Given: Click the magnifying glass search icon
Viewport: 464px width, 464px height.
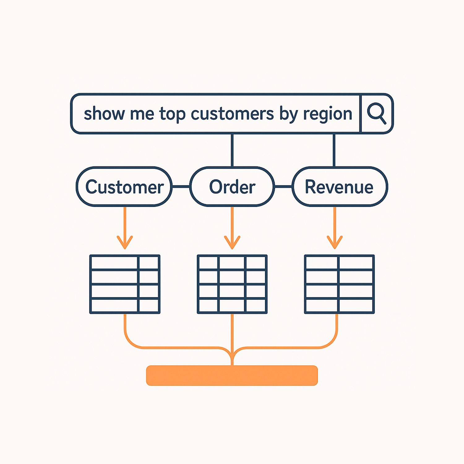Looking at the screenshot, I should point(376,113).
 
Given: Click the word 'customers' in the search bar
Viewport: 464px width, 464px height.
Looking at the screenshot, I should point(232,114).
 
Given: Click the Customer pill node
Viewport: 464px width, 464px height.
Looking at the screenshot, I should point(124,187).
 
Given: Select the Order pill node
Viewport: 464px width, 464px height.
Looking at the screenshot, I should point(232,187).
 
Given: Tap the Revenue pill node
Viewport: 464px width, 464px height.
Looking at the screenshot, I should point(339,187).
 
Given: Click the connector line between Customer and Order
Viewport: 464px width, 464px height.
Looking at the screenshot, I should point(181,187).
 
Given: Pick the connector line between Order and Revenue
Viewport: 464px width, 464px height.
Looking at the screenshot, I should point(283,187).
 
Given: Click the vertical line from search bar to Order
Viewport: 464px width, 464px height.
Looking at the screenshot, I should point(232,150).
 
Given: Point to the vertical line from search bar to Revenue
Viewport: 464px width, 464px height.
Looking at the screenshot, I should point(334,150).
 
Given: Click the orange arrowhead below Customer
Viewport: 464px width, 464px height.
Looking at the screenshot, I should point(125,243).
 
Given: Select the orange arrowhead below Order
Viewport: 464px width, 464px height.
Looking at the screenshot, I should point(232,243).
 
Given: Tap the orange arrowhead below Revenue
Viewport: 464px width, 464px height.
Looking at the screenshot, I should point(334,243).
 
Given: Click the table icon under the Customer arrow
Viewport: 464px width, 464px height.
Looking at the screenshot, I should point(125,284).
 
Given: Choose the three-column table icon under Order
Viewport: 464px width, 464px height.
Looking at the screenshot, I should point(232,284).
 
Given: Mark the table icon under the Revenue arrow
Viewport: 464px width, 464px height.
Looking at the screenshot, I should point(339,284).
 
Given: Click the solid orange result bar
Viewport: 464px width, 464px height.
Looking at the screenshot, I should point(232,376).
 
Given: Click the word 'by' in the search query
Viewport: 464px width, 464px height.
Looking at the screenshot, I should point(288,114).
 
